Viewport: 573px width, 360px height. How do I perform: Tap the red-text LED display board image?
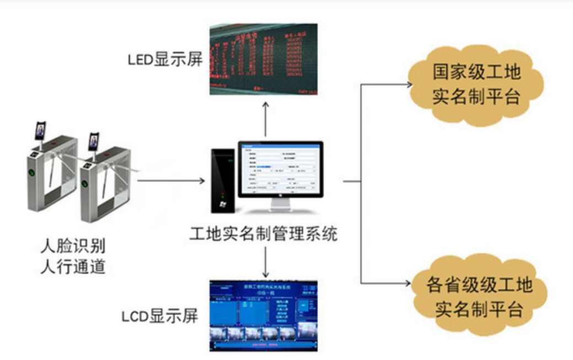[264, 58]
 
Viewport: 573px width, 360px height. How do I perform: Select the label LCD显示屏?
[159, 317]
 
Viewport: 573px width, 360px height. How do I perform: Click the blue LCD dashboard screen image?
[264, 315]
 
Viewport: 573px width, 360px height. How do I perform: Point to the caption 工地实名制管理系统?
[263, 235]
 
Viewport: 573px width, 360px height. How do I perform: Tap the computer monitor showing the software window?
[281, 169]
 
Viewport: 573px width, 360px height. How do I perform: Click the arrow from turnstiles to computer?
[170, 181]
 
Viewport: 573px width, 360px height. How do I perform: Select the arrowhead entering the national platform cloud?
[409, 85]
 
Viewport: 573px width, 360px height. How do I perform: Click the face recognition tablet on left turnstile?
[40, 131]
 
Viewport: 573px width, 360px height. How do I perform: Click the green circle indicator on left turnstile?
[32, 171]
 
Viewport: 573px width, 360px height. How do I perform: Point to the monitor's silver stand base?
[280, 208]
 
